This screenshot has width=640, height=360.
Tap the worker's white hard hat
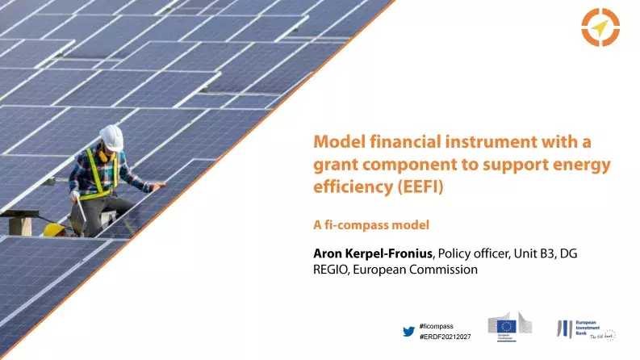(111, 137)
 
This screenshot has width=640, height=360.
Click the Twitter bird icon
(408, 330)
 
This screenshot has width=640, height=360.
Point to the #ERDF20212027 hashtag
(445, 336)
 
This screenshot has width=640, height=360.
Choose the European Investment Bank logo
(585, 329)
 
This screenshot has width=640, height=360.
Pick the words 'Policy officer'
(475, 253)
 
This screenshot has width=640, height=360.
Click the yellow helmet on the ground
(53, 230)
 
